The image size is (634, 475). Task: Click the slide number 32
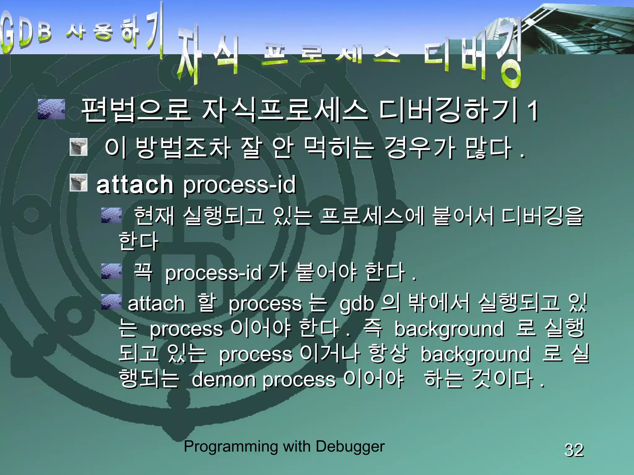click(x=574, y=450)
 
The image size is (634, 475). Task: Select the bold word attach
click(x=135, y=185)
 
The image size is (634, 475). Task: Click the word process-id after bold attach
click(x=240, y=185)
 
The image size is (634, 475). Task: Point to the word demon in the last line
click(x=223, y=379)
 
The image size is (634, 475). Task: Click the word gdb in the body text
click(x=357, y=304)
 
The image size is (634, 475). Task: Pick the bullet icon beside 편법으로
click(x=51, y=109)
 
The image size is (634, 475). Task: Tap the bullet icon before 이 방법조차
click(x=79, y=147)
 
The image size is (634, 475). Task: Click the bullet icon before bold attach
click(x=79, y=182)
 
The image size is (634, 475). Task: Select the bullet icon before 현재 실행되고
click(x=111, y=215)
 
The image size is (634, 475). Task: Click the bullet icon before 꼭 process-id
click(x=111, y=271)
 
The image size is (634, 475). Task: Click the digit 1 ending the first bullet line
click(x=533, y=110)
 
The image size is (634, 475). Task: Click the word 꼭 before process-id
click(x=143, y=272)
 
